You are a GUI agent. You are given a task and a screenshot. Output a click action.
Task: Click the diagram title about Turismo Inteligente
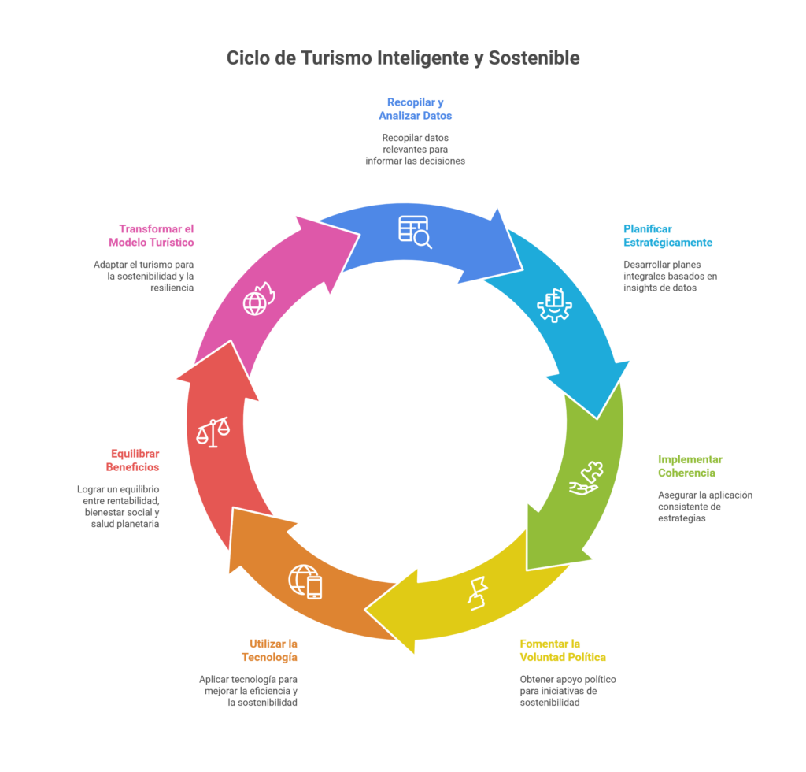(x=403, y=58)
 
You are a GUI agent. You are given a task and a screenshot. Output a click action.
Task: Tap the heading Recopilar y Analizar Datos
(x=415, y=109)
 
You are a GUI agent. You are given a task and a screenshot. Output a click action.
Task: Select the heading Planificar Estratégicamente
(x=667, y=235)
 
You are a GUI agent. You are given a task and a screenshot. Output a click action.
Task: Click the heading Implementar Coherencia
(x=690, y=466)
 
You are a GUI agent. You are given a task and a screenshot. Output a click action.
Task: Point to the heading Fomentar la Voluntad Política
(x=562, y=650)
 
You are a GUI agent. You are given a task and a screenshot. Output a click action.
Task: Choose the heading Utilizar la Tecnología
(x=269, y=650)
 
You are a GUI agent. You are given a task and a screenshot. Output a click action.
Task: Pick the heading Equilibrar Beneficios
(x=135, y=460)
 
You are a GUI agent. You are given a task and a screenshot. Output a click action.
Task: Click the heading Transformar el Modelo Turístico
(x=151, y=235)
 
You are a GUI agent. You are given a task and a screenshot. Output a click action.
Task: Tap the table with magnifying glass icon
(x=415, y=232)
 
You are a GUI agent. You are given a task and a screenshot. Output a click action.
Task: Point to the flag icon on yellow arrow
(x=478, y=593)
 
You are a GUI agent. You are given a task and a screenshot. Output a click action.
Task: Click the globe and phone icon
(x=305, y=582)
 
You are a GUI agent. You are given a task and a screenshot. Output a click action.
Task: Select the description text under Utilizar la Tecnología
(x=248, y=691)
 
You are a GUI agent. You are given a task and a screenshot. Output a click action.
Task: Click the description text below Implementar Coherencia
(x=705, y=507)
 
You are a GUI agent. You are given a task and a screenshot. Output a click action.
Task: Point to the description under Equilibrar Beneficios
(x=119, y=506)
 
